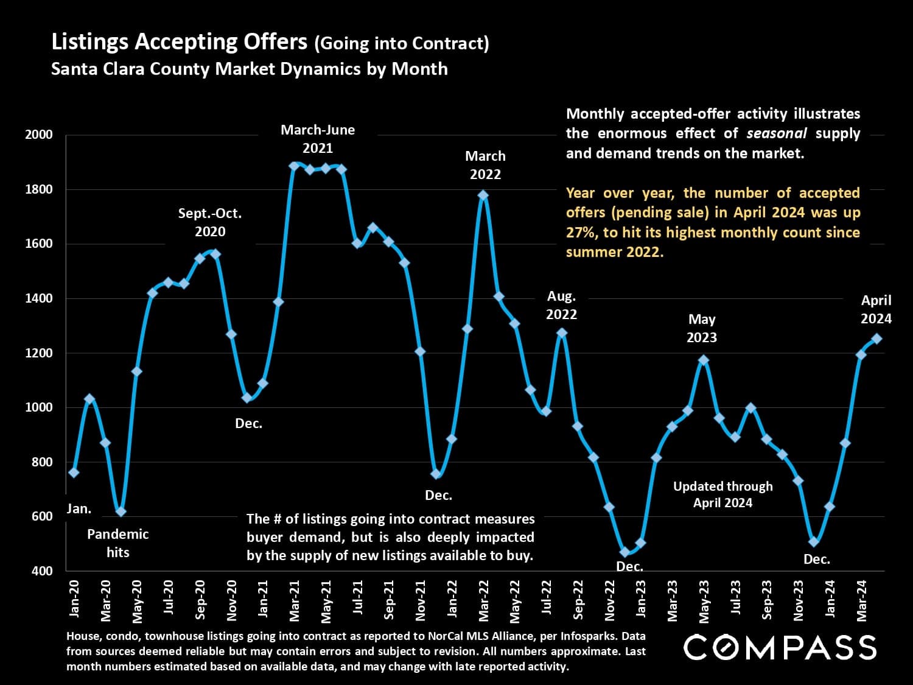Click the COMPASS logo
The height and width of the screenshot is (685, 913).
[780, 647]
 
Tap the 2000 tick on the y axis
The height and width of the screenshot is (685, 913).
[39, 135]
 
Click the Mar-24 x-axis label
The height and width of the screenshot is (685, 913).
[861, 600]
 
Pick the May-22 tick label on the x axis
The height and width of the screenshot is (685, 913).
[515, 602]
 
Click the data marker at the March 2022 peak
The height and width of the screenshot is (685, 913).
[483, 195]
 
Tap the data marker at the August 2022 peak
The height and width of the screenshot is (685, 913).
[562, 333]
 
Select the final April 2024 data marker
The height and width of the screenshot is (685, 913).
[876, 339]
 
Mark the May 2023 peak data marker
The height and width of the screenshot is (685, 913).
[704, 360]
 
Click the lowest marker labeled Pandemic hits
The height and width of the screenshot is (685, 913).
[121, 511]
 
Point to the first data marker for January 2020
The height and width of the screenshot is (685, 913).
[74, 472]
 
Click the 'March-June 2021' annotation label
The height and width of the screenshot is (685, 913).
[318, 139]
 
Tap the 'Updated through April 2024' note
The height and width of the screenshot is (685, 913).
[722, 494]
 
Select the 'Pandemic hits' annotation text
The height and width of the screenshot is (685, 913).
[117, 543]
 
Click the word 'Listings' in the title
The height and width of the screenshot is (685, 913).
[89, 42]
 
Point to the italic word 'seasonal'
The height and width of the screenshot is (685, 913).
[777, 133]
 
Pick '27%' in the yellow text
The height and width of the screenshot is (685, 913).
[581, 233]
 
